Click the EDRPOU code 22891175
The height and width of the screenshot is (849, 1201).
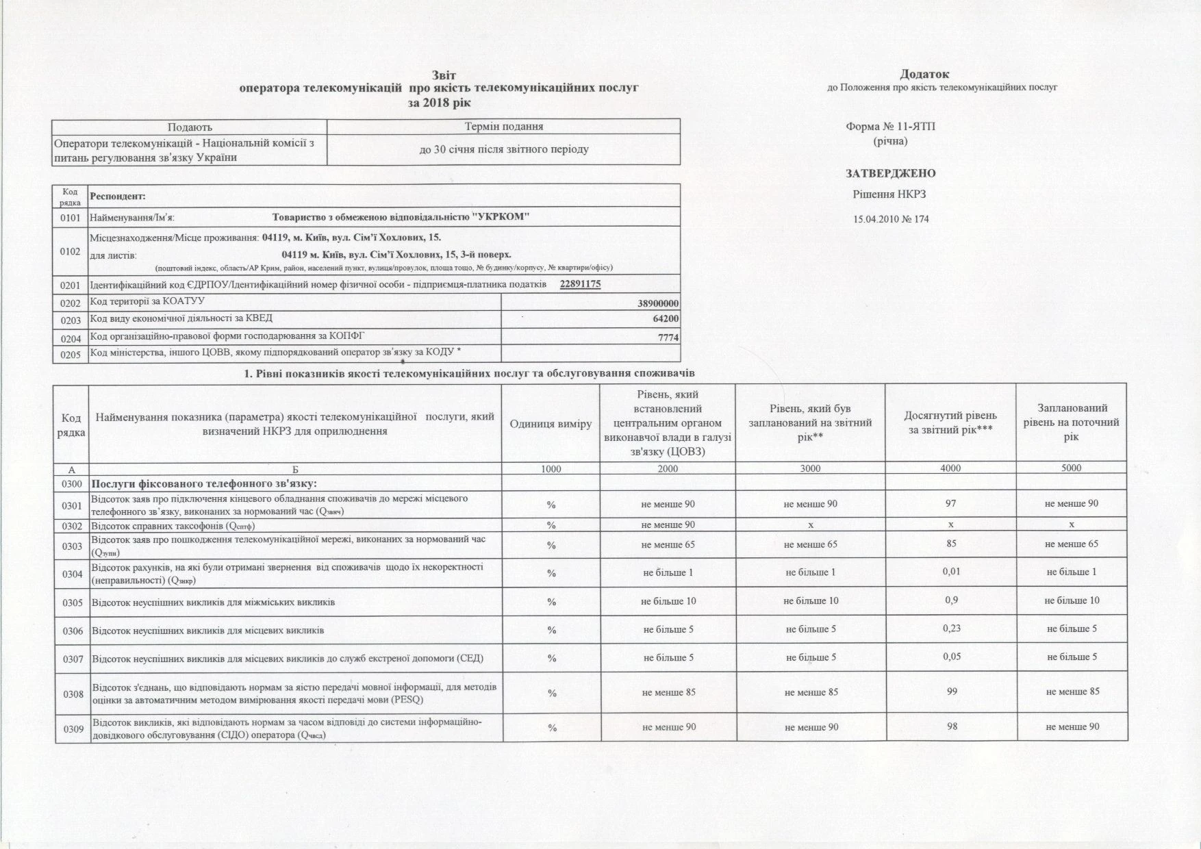[x=580, y=284]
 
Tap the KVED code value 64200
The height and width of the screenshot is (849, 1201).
[x=666, y=319]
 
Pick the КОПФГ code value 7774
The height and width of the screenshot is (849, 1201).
[x=668, y=337]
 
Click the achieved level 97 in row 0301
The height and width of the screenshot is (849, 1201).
[x=950, y=504]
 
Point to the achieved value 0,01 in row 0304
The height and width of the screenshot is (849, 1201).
[x=950, y=572]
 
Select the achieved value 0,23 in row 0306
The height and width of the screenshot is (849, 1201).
[x=950, y=629]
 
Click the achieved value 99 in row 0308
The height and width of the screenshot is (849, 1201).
[x=951, y=692]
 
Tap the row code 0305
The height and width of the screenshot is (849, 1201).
[x=73, y=603]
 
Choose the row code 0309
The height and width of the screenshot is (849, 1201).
[x=73, y=729]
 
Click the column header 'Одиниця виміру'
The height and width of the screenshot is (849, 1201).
[x=551, y=424]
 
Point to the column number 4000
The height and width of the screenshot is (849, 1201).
[x=950, y=468]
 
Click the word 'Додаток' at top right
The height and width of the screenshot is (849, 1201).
[x=924, y=74]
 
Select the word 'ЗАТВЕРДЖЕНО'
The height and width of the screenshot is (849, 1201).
[x=890, y=173]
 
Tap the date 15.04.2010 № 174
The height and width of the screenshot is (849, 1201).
[x=891, y=219]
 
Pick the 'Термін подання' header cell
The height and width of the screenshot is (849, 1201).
[x=503, y=127]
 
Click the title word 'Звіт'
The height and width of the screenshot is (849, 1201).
[x=443, y=75]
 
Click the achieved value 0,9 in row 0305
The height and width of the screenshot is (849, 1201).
[x=950, y=600]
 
